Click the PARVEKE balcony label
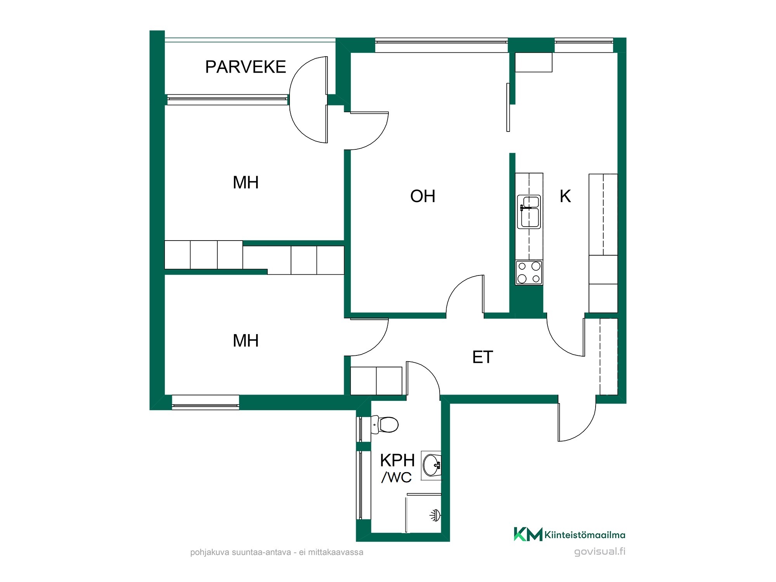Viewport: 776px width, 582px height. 245,67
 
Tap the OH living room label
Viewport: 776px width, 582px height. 423,196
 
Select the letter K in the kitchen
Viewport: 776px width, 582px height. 565,196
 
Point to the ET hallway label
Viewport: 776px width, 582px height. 482,357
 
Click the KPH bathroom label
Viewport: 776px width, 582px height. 397,461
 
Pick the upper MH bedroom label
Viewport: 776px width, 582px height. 246,182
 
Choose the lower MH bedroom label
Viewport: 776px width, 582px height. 246,341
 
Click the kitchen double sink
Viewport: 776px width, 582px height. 529,212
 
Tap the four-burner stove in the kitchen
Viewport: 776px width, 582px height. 529,273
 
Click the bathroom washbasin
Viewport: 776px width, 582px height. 431,465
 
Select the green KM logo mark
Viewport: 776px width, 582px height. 528,534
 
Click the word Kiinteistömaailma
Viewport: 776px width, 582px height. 585,535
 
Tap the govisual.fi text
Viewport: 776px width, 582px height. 600,551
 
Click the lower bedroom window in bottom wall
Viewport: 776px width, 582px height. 205,402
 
